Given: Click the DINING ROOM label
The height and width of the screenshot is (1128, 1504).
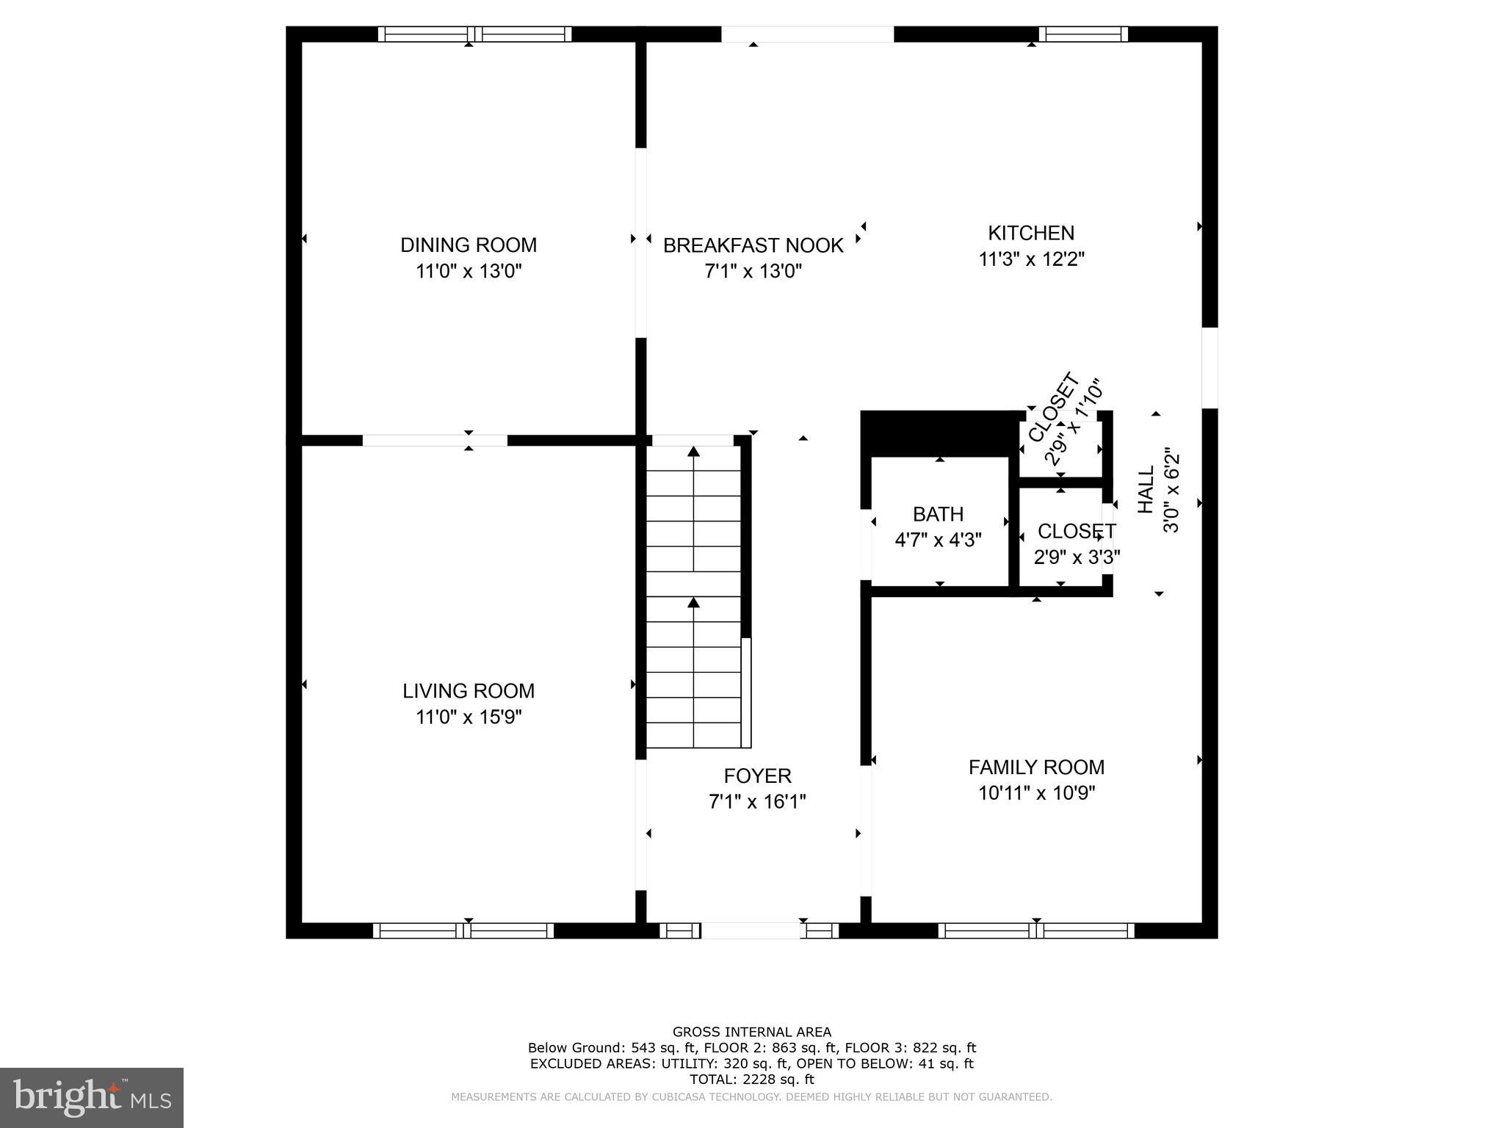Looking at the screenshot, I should click(469, 245).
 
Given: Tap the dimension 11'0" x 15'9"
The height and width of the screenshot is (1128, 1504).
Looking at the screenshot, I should click(469, 717).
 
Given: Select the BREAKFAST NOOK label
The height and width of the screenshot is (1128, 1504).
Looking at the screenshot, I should click(753, 245).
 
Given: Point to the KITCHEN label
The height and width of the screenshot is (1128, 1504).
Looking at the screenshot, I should click(1031, 233).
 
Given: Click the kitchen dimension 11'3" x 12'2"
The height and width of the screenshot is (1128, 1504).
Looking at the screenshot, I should click(1031, 259).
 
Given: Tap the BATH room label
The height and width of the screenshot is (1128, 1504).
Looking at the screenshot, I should click(938, 514).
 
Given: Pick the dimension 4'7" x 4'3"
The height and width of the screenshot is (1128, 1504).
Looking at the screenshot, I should click(938, 540).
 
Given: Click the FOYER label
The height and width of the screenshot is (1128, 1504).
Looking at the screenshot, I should click(757, 775).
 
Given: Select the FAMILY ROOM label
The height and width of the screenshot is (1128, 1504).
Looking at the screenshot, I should click(1036, 767).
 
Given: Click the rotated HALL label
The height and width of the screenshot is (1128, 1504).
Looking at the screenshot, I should click(1146, 490).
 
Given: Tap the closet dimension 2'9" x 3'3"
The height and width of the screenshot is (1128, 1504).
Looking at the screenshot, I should click(1077, 557).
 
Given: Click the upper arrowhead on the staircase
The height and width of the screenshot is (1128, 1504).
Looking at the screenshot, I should click(693, 451).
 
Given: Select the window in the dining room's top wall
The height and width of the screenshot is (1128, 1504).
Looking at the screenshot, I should click(474, 34).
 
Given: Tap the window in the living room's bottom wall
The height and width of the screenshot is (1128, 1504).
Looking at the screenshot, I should click(463, 930).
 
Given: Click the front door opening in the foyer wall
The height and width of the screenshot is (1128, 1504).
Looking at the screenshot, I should click(750, 930).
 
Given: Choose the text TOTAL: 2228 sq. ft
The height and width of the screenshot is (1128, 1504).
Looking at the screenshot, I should click(752, 1080).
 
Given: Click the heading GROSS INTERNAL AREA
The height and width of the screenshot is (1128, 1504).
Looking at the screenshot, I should click(752, 1032).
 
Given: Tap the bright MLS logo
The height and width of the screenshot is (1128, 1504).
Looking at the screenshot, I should click(91, 1098).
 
